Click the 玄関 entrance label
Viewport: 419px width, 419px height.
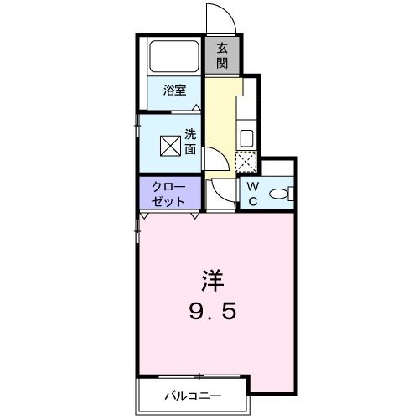pyautogui.click(x=223, y=55)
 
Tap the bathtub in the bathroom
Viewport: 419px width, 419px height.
pyautogui.click(x=173, y=56)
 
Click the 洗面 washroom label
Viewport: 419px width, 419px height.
pyautogui.click(x=190, y=142)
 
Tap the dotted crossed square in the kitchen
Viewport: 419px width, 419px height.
pyautogui.click(x=248, y=162)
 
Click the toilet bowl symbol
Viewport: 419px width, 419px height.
pyautogui.click(x=279, y=194)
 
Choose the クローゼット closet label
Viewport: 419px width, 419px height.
pyautogui.click(x=170, y=194)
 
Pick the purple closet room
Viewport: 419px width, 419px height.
pyautogui.click(x=170, y=194)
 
